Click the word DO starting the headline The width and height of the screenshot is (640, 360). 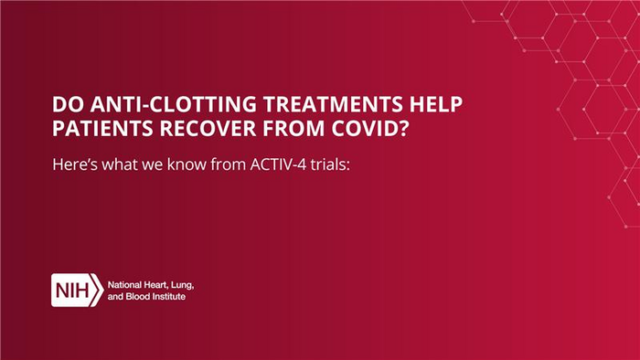point(67,103)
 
